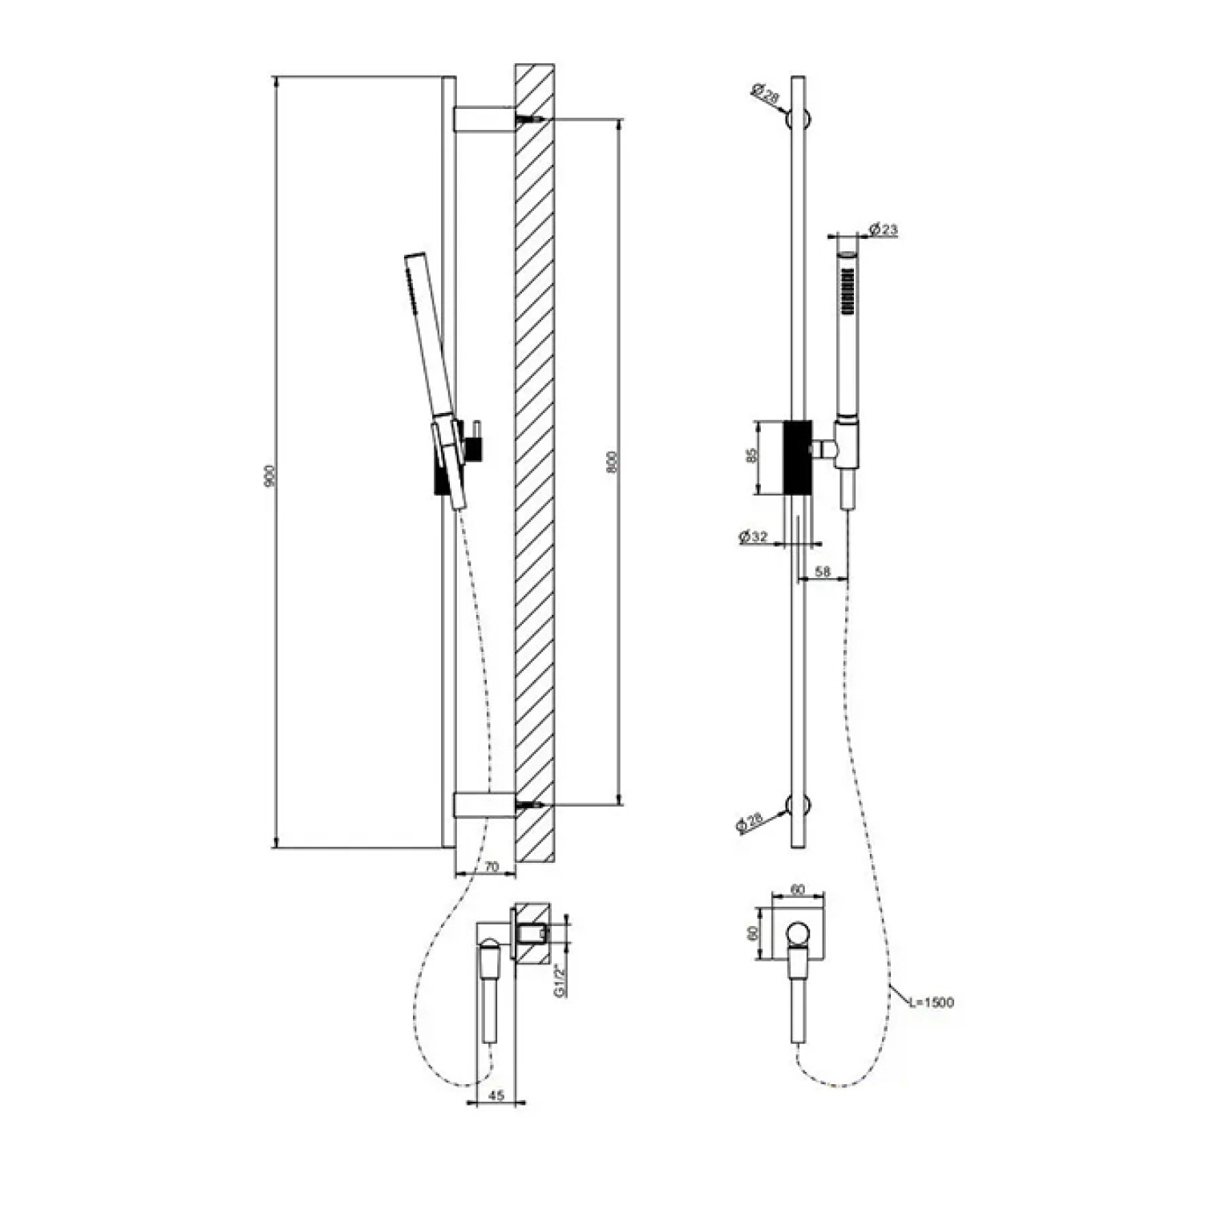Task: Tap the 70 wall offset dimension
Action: point(492,867)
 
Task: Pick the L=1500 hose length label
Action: point(931,1002)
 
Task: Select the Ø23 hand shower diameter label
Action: point(884,231)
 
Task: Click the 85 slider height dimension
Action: point(751,455)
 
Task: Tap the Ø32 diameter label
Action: point(754,536)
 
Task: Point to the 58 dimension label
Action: point(822,572)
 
